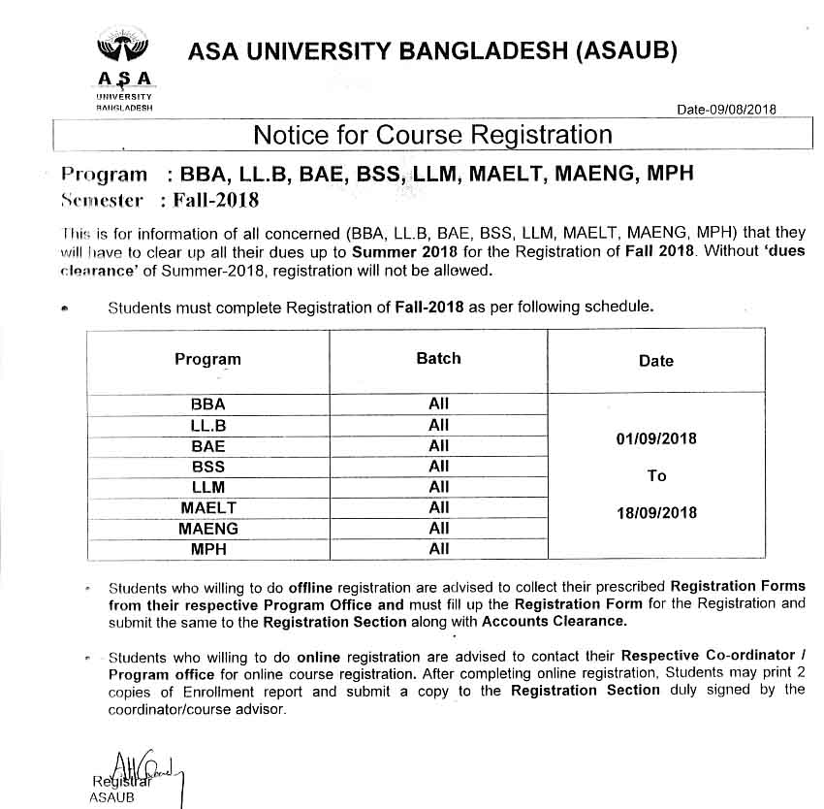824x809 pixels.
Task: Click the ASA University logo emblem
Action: point(124,49)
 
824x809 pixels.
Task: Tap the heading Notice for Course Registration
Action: point(432,135)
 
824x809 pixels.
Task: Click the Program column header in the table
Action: point(207,359)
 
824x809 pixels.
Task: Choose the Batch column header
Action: point(438,358)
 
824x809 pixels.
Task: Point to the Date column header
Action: point(655,360)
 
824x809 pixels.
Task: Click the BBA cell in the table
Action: point(207,404)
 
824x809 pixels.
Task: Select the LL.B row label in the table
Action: point(207,425)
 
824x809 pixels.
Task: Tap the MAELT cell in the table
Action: point(207,507)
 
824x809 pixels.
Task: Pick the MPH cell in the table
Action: point(207,549)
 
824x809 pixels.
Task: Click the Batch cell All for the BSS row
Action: point(439,467)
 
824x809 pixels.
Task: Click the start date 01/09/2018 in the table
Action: point(656,438)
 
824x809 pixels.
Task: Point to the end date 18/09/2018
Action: point(656,512)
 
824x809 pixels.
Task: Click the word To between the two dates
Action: point(656,475)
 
